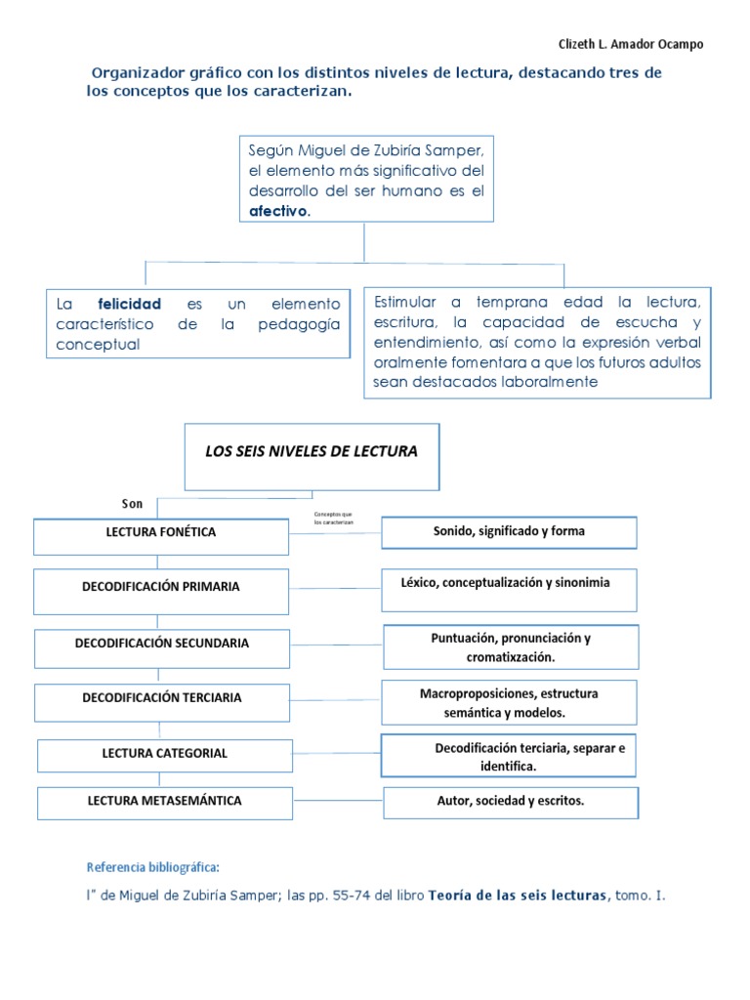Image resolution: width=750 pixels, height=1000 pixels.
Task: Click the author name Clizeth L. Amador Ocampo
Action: point(630,44)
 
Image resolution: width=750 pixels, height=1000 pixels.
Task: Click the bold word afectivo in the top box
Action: point(278,211)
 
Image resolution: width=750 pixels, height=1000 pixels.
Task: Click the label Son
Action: point(132,504)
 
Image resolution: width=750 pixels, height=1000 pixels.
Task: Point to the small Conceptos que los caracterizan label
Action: point(333,519)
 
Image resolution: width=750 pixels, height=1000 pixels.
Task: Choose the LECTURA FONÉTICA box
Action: point(161,533)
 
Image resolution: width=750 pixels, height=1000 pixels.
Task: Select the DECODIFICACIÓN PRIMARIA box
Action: point(161,588)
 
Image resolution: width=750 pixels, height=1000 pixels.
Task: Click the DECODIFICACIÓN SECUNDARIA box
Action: point(161,644)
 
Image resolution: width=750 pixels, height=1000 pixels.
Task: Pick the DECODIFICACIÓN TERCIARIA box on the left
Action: point(161,699)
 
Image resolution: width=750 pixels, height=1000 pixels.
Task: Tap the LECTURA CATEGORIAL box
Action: point(164,754)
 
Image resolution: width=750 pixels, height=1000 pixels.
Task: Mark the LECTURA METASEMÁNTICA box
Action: point(164,802)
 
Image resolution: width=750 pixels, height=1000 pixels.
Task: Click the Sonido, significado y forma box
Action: point(509,532)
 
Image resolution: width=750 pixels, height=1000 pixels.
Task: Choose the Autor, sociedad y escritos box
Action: point(511,802)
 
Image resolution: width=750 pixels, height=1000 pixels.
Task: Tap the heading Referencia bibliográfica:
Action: point(153,867)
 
